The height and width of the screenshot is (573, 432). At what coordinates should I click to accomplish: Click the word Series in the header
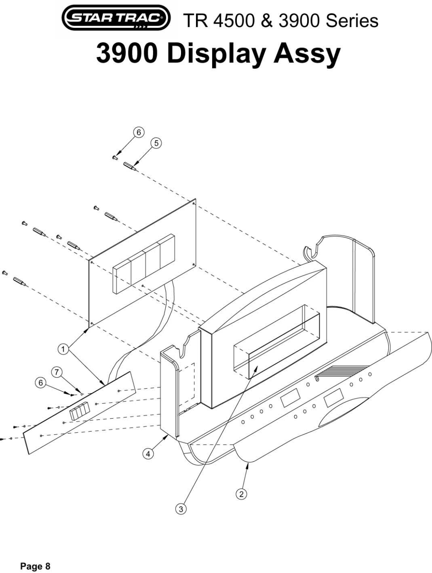click(x=352, y=20)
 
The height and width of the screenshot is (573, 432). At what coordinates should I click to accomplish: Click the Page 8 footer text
click(x=35, y=566)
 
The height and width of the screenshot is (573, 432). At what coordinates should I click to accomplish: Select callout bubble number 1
click(x=62, y=348)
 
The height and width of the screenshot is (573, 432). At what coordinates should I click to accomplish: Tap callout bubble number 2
click(x=241, y=493)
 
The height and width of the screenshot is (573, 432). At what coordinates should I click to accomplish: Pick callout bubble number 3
click(x=181, y=509)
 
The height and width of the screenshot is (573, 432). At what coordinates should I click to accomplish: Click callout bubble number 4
click(x=148, y=454)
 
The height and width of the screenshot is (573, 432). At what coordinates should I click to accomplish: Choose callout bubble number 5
click(x=156, y=143)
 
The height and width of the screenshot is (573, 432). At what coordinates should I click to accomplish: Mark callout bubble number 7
click(x=57, y=372)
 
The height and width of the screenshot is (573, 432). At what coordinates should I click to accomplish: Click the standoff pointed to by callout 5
click(x=130, y=166)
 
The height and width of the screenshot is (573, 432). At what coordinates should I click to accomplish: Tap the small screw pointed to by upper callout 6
click(x=115, y=157)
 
